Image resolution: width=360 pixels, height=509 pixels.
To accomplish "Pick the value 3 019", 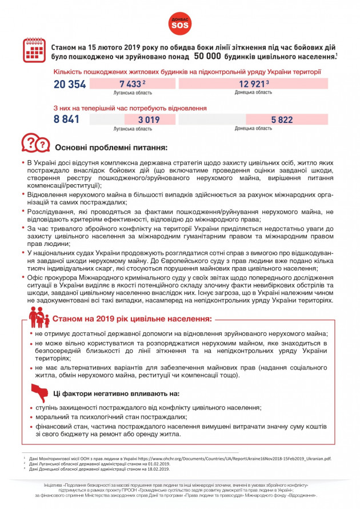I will pyautogui.click(x=149, y=120).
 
